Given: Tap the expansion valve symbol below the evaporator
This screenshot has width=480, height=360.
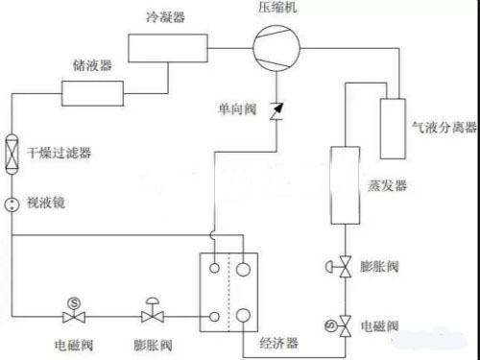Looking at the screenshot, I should (x=343, y=270).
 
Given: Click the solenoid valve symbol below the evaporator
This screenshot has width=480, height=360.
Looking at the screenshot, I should (x=343, y=326).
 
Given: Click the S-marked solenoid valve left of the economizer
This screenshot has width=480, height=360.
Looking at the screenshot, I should (x=74, y=312).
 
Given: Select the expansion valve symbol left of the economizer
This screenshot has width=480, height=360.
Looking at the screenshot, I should (x=152, y=312).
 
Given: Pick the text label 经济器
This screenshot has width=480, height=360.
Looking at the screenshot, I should (x=277, y=343).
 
